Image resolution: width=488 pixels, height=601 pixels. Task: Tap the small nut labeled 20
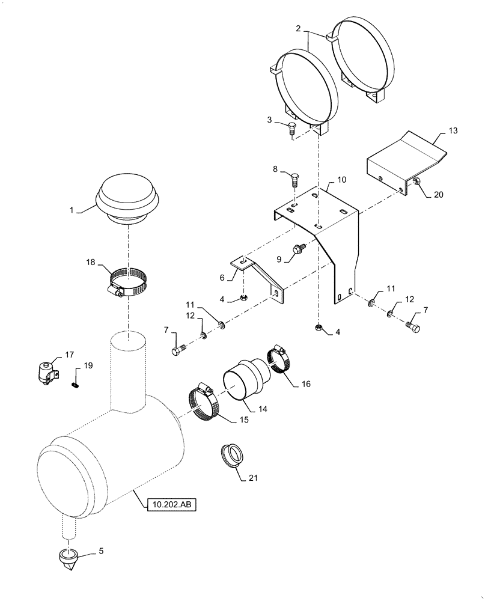[x=415, y=183]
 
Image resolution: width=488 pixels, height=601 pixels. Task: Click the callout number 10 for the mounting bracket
[x=341, y=180]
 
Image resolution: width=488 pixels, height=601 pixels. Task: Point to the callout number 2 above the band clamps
[x=297, y=28]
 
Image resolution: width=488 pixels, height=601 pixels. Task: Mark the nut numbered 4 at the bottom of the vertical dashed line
[x=317, y=328]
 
